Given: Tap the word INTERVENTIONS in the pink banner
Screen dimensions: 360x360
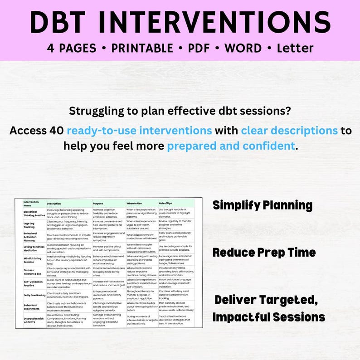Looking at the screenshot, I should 223,21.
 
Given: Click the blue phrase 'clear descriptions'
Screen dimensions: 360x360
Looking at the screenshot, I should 289,131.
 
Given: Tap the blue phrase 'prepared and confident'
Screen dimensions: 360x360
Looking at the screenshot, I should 231,146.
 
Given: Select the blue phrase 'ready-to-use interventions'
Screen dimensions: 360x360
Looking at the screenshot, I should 140,131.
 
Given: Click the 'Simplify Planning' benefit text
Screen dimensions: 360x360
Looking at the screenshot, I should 263,205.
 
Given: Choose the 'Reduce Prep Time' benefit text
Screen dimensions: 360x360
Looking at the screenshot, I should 264,252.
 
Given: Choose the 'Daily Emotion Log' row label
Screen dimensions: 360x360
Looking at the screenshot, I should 35,295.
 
